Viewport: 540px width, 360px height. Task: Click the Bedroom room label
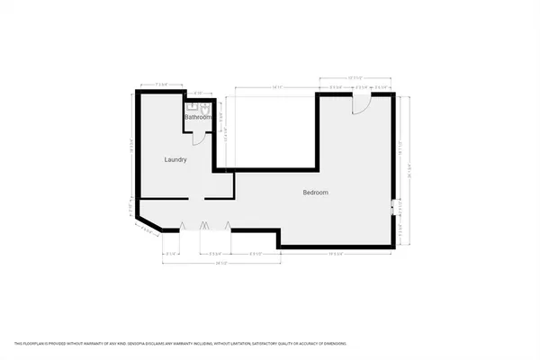[x=315, y=193]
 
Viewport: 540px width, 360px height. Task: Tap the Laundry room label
[x=175, y=160]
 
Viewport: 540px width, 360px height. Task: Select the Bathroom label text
[x=197, y=117]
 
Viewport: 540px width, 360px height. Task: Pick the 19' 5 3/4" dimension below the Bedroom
[x=337, y=254]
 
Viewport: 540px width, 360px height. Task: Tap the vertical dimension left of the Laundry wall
[x=131, y=144]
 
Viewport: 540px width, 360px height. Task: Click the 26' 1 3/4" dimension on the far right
[x=409, y=162]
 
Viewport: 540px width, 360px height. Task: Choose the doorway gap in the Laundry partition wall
[x=196, y=198]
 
